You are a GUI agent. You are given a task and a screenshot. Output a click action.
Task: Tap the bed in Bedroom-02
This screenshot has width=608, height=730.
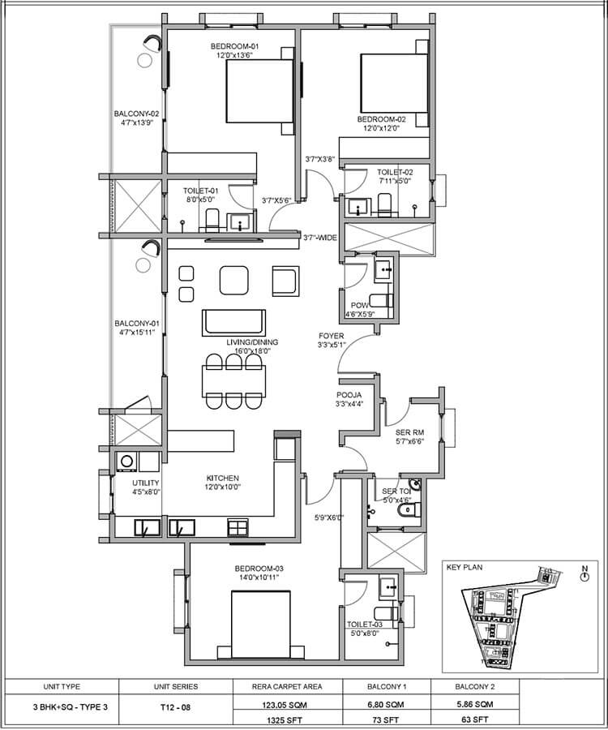pyautogui.click(x=393, y=84)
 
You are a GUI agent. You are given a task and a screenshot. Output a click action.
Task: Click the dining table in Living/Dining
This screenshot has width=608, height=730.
pyautogui.click(x=233, y=380)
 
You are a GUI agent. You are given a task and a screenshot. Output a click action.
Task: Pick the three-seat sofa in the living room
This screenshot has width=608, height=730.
pyautogui.click(x=233, y=321)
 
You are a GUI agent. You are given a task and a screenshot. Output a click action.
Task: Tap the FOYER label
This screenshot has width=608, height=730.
pyautogui.click(x=332, y=335)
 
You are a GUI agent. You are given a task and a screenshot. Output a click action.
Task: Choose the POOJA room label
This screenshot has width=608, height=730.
pyautogui.click(x=349, y=395)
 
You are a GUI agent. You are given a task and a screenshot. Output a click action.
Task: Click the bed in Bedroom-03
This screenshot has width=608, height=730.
pyautogui.click(x=260, y=621)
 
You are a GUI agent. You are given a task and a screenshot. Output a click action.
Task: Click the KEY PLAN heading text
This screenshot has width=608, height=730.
pyautogui.click(x=464, y=568)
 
